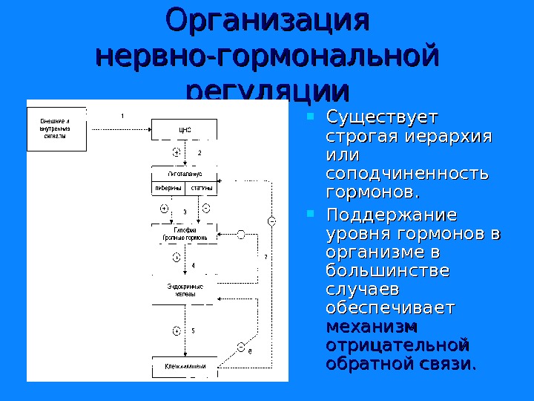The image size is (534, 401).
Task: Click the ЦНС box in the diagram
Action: coord(185,130)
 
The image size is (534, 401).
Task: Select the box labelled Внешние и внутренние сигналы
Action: coord(56,128)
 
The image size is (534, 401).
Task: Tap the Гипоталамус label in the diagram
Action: coord(185,174)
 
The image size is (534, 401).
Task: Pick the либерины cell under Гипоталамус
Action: coord(168,188)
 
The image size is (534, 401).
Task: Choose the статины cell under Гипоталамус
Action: coord(202,188)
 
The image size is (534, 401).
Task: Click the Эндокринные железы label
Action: coord(185,290)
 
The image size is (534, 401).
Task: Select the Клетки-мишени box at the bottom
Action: coord(185,367)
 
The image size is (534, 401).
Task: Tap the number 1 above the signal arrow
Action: coord(122,115)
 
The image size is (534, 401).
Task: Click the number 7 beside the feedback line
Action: coord(265,257)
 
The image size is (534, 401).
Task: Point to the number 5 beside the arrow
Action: coord(194,330)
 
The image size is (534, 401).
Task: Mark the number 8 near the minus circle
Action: coord(250,351)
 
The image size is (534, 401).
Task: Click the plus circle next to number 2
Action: coord(177,151)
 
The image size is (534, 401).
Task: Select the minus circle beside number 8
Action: coord(241,347)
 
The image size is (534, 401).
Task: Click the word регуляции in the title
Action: coord(268,90)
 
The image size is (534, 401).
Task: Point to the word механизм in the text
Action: coord(372,327)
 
